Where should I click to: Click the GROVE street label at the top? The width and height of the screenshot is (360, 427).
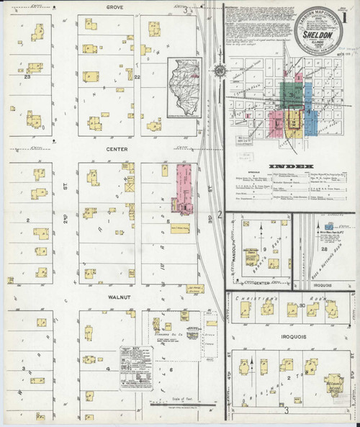coord(114,6)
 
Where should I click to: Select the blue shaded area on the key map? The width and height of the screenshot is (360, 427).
coord(309,116)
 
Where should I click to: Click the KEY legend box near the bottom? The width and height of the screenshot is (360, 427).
coord(137,367)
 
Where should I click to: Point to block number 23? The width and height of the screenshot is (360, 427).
coord(27,74)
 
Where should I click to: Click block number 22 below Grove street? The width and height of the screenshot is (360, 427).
coord(135,76)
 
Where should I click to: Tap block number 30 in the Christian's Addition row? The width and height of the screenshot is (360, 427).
coord(303,306)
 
